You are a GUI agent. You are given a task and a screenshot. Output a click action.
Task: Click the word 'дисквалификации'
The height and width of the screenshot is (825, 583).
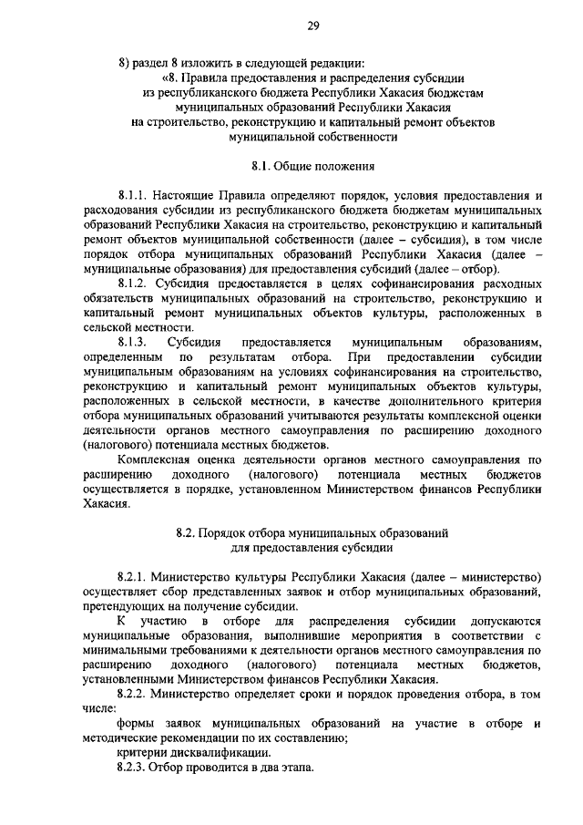pos(219,753)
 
